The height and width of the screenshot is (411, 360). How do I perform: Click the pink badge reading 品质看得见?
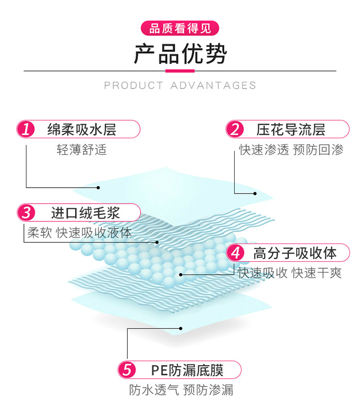coord(180,28)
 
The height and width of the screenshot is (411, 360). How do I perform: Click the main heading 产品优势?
coord(180,54)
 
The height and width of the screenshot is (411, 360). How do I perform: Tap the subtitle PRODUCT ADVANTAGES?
coord(180,85)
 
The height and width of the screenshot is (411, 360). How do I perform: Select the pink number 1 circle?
coord(26,129)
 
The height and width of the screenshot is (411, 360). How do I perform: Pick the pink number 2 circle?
coord(235,129)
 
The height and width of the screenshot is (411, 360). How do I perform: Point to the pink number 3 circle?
coord(26,212)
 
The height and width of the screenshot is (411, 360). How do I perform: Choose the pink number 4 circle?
coord(235,252)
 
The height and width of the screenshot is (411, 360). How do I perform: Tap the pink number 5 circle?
coord(127,370)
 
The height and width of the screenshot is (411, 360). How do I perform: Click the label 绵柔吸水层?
coord(82,129)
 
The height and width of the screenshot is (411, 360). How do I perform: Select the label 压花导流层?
coord(291,129)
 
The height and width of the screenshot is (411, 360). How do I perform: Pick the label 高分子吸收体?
coord(295,252)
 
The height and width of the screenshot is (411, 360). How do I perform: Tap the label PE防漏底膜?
coord(187,370)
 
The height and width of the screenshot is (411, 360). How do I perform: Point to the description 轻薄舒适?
coord(82,150)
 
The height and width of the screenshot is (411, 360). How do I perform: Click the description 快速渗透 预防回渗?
coord(291,150)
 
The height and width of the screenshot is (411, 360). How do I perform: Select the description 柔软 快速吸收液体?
coord(79,233)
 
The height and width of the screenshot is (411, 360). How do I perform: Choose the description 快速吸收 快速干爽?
coord(290,273)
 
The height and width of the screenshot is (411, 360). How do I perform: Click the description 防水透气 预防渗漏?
coord(181,390)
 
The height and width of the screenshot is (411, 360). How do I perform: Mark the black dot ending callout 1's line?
coord(99,187)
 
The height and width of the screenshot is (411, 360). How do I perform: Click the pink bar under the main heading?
coord(180,71)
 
